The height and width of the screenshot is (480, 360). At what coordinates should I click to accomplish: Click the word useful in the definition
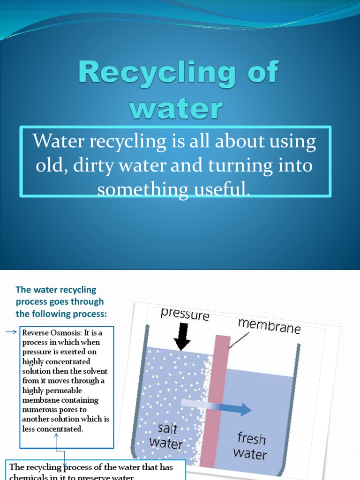pos(220,190)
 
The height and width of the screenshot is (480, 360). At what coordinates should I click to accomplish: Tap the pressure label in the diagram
pos(185,315)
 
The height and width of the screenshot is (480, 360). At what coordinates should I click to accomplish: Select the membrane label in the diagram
pos(269,326)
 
